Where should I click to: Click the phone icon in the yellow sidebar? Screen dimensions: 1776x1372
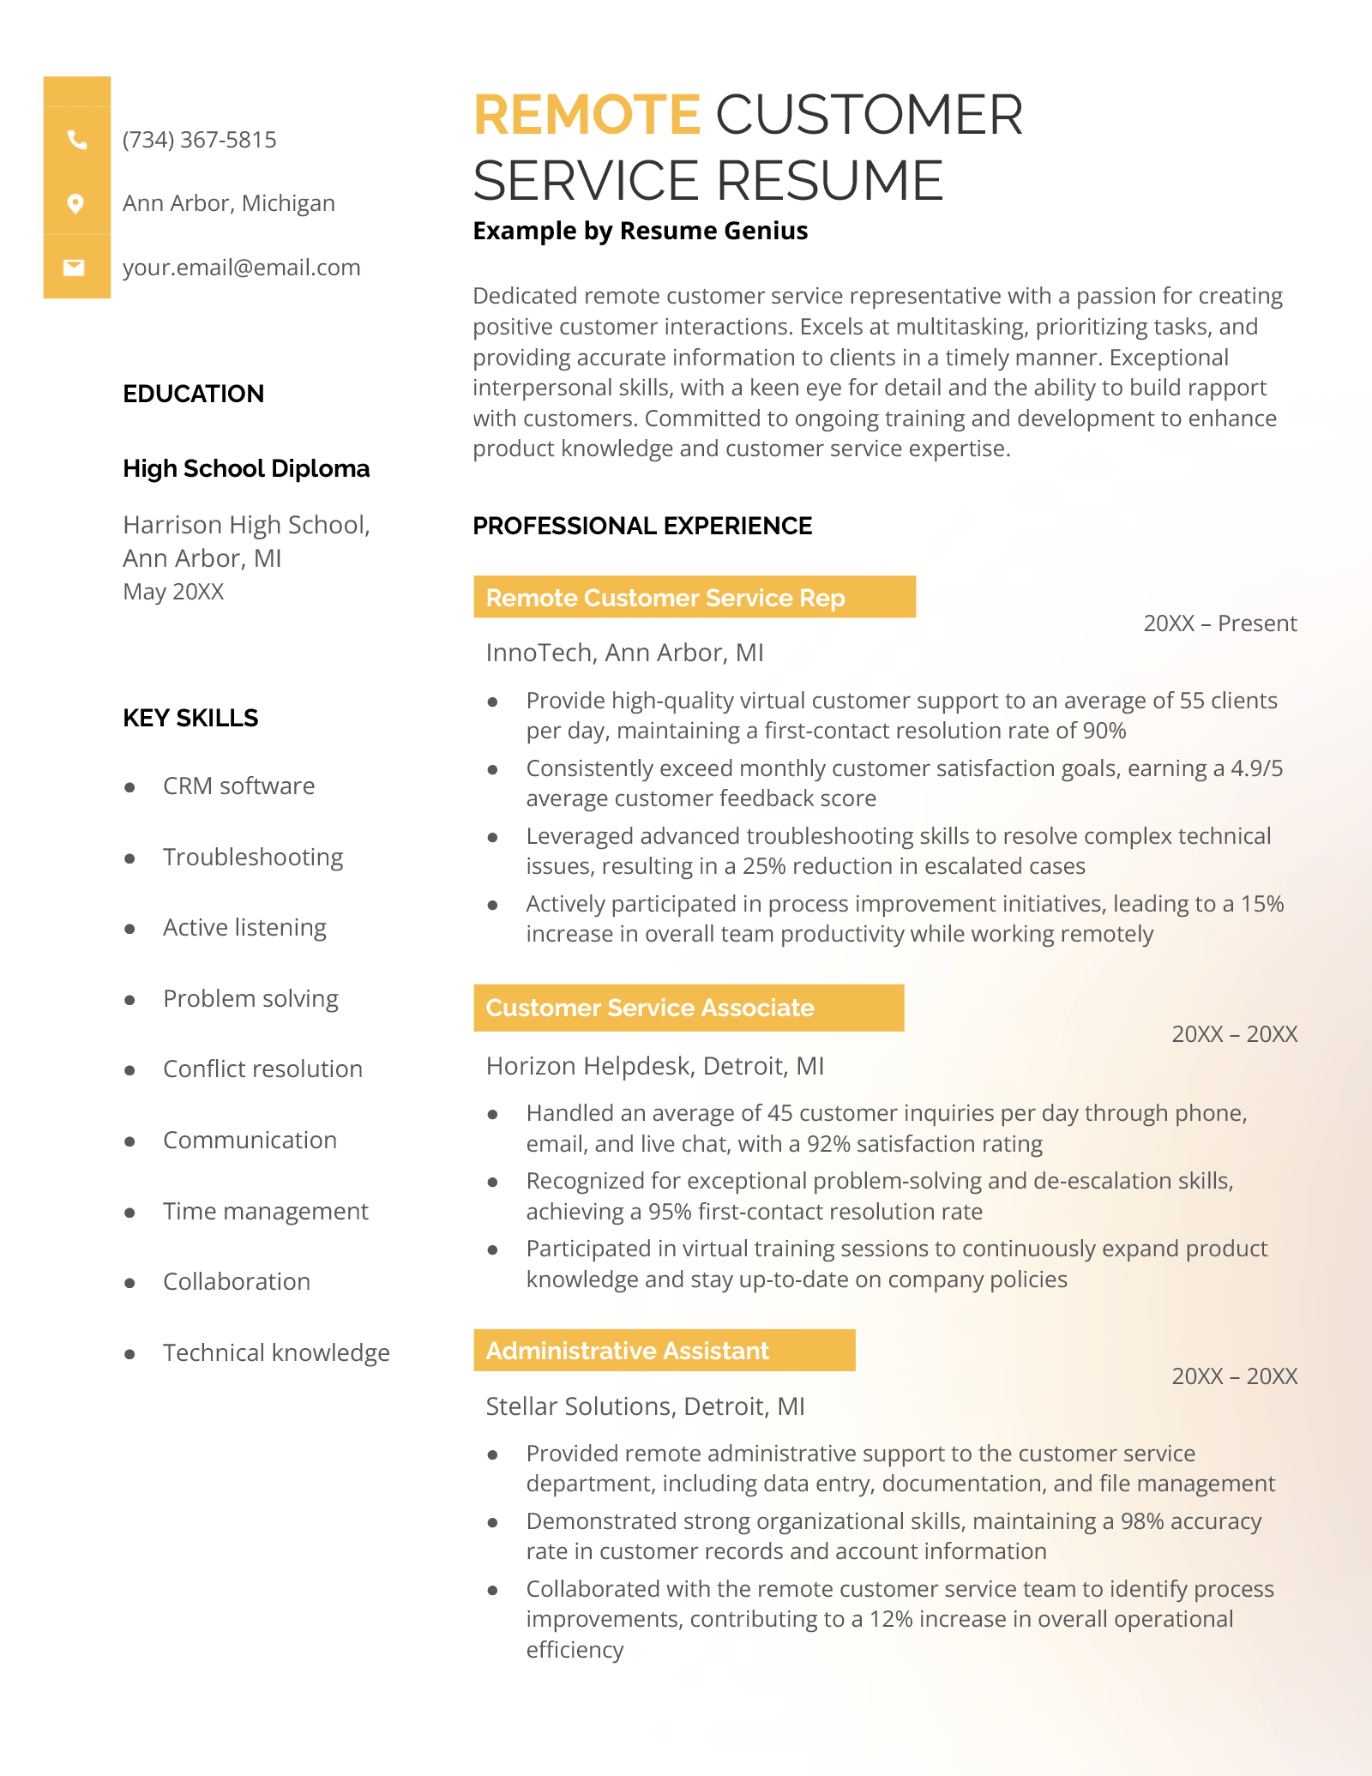77,140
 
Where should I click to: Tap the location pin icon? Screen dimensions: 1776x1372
75,203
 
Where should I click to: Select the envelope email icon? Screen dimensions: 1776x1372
75,268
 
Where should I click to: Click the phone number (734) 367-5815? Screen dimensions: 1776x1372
199,140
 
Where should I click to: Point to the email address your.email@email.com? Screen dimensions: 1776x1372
241,268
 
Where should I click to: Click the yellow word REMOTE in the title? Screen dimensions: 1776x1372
587,115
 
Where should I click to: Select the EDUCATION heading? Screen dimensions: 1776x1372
193,394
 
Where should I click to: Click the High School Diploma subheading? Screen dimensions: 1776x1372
246,468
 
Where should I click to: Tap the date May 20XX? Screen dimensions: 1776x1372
173,592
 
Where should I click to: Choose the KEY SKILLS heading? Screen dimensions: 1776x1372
190,718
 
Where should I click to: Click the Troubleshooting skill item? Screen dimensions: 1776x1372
253,857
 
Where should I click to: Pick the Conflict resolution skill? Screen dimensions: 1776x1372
262,1069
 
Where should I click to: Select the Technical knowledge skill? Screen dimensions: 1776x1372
276,1352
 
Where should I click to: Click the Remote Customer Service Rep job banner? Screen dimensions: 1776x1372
694,597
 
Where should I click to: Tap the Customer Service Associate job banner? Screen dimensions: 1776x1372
688,1008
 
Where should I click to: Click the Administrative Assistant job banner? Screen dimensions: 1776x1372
664,1351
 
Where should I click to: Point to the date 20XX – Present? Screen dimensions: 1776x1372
1219,623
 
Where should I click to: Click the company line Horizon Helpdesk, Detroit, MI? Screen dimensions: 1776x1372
654,1066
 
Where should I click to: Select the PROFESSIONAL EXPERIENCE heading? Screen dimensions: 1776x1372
642,526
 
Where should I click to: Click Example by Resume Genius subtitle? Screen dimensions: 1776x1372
640,231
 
